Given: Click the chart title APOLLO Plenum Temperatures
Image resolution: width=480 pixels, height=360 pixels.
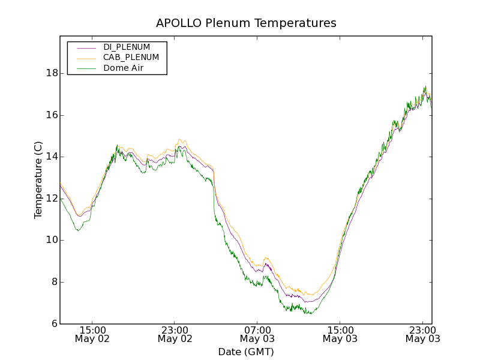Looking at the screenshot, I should click(x=246, y=23).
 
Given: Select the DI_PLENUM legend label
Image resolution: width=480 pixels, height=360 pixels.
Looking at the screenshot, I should click(x=127, y=47).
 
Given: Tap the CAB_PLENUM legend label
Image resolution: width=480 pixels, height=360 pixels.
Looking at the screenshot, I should click(x=131, y=58).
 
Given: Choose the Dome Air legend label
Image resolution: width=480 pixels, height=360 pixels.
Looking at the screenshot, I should click(x=123, y=68).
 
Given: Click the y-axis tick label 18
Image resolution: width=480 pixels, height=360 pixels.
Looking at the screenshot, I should click(x=52, y=73).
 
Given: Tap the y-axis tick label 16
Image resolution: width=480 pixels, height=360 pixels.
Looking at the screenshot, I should click(x=52, y=115).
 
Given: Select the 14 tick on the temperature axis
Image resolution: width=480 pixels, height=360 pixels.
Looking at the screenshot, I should click(x=52, y=157).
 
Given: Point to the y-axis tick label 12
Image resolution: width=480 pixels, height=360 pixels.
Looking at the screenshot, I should click(x=52, y=199).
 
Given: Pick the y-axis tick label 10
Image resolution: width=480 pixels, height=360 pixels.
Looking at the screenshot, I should click(x=52, y=240).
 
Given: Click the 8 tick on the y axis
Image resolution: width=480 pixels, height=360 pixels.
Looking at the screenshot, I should click(x=54, y=282).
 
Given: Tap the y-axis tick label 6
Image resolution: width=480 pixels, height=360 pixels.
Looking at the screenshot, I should click(x=54, y=324).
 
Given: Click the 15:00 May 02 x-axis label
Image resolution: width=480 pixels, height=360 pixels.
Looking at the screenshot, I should click(x=92, y=334).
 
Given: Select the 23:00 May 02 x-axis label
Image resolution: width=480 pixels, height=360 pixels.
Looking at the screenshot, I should click(x=175, y=334).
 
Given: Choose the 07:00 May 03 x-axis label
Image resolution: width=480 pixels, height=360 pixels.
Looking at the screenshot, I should click(x=257, y=334).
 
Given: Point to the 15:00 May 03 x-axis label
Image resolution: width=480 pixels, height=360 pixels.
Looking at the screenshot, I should click(x=340, y=334).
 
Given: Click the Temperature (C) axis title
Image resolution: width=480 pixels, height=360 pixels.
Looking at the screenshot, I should click(x=38, y=180).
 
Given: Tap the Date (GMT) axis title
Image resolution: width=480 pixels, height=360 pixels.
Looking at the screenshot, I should click(x=246, y=352).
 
